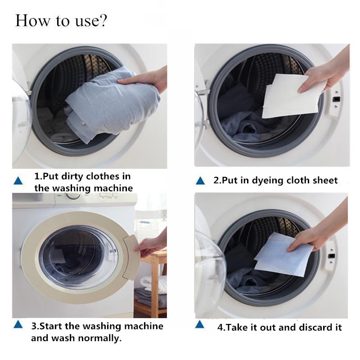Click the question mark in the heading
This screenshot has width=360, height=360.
pos(103,21)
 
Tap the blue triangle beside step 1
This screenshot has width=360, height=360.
pos(18,181)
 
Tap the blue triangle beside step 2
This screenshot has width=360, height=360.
pos(200,181)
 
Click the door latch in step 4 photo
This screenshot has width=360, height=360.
pos(331,256)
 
